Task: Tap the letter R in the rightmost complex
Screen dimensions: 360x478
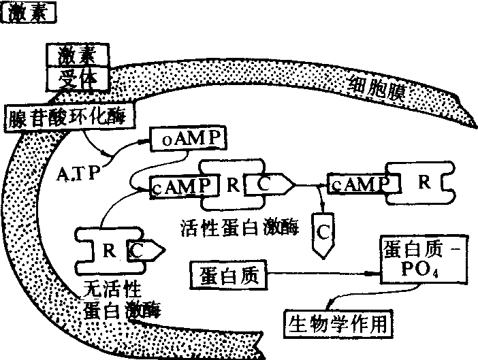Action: tap(423, 182)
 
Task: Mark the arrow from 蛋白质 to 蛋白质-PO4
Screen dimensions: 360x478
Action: tap(320, 274)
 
